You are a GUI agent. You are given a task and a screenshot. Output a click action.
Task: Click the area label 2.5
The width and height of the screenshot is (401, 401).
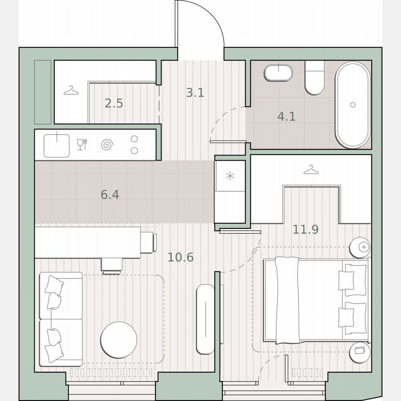[x=114, y=103]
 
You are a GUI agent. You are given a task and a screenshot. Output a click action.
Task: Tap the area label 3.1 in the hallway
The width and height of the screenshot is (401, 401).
[x=195, y=93]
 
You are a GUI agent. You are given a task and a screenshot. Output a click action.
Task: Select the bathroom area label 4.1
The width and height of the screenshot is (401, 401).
[x=286, y=116]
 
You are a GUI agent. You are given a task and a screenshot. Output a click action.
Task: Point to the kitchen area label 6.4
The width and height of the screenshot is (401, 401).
[x=110, y=194]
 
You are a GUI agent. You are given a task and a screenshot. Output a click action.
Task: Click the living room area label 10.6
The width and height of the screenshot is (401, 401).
[x=181, y=257]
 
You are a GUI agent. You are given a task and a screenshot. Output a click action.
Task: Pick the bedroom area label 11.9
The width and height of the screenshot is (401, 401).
[x=305, y=229]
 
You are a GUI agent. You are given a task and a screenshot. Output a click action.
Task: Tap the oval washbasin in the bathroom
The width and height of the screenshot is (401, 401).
[x=278, y=73]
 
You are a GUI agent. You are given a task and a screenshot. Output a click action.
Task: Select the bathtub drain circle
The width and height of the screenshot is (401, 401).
[x=353, y=105]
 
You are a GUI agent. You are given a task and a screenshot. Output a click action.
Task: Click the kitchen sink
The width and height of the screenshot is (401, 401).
[x=57, y=144]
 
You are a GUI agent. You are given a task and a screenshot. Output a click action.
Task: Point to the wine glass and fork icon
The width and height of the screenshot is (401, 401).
[x=82, y=144]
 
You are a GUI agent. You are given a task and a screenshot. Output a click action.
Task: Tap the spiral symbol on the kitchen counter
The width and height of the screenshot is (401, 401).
[x=107, y=145]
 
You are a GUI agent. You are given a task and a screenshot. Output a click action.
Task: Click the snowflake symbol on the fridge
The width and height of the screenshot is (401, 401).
[x=230, y=176]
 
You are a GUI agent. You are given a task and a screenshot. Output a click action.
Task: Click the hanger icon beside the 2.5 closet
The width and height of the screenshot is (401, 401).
[x=71, y=90]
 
